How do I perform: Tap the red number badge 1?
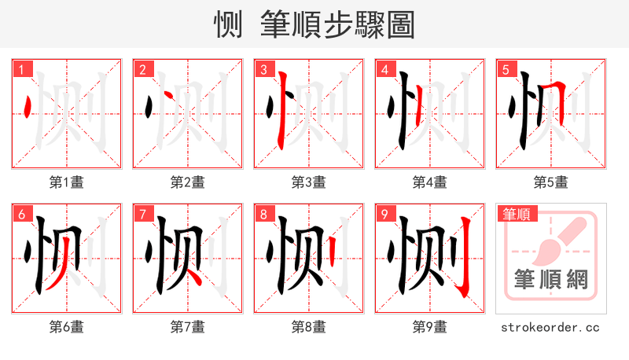(x=21, y=70)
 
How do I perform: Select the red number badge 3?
(x=263, y=70)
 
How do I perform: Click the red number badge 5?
(x=506, y=70)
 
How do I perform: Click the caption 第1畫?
(x=66, y=182)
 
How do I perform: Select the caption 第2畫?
(x=187, y=182)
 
